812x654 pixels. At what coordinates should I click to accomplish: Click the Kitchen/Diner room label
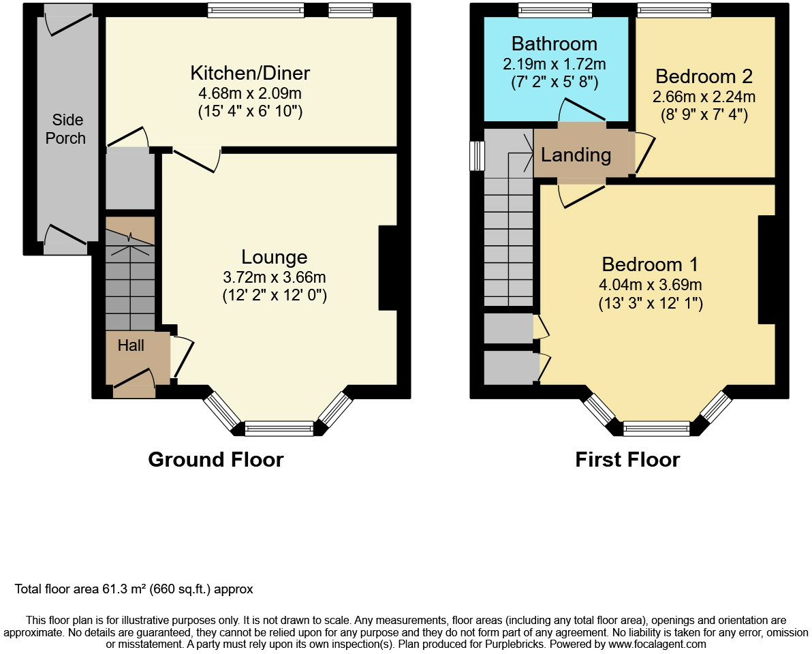click(250, 73)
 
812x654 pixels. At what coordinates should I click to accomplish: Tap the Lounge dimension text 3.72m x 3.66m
click(274, 277)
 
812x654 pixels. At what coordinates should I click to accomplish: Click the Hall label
click(131, 345)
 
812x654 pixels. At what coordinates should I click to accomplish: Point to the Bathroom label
click(554, 44)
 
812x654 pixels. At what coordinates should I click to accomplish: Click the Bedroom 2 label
click(705, 76)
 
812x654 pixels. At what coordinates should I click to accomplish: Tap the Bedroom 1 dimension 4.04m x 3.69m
click(651, 285)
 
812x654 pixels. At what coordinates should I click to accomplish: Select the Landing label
click(576, 155)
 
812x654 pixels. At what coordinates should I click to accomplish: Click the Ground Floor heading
click(215, 460)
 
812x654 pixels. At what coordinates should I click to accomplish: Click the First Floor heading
click(627, 460)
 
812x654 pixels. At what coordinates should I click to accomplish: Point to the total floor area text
click(134, 589)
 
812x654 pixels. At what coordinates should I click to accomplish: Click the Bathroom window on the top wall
click(555, 10)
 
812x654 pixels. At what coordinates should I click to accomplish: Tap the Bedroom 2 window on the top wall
click(674, 10)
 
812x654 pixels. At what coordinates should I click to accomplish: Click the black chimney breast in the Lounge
click(388, 268)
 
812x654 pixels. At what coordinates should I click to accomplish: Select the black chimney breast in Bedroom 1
click(767, 269)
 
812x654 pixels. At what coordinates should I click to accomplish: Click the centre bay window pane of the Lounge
click(279, 429)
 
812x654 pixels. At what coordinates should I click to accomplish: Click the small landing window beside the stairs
click(478, 156)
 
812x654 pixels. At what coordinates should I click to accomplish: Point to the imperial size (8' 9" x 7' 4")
click(705, 115)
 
